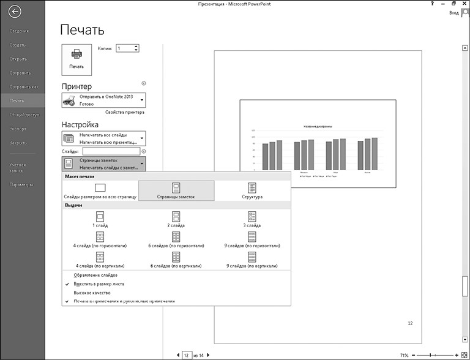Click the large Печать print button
[x=76, y=59]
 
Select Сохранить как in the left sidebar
[x=24, y=86]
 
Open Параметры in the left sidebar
[x=21, y=184]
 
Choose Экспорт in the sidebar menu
[x=18, y=129]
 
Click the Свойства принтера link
[x=125, y=113]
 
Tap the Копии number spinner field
[x=127, y=48]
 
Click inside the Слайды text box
[x=111, y=151]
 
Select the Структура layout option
[x=252, y=190]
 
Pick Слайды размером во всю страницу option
[x=100, y=190]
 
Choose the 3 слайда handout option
[x=252, y=220]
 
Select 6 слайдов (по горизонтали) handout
[x=176, y=240]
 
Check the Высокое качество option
[x=92, y=293]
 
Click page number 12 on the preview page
[x=410, y=323]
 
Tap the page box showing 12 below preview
[x=185, y=355]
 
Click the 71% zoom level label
[x=404, y=355]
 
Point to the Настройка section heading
[x=80, y=124]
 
